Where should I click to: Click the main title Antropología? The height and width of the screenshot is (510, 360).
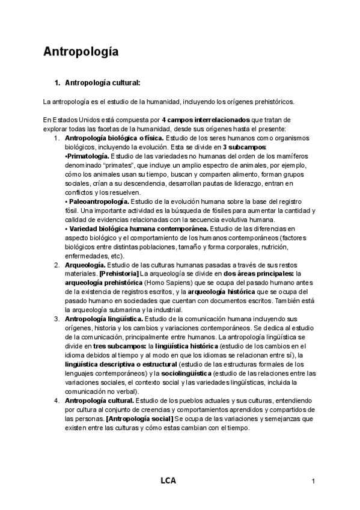click(81, 52)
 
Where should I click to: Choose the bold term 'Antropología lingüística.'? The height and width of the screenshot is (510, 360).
click(104, 318)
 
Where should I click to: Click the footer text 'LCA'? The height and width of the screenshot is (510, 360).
click(168, 481)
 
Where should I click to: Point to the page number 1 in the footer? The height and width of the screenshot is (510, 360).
click(314, 482)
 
